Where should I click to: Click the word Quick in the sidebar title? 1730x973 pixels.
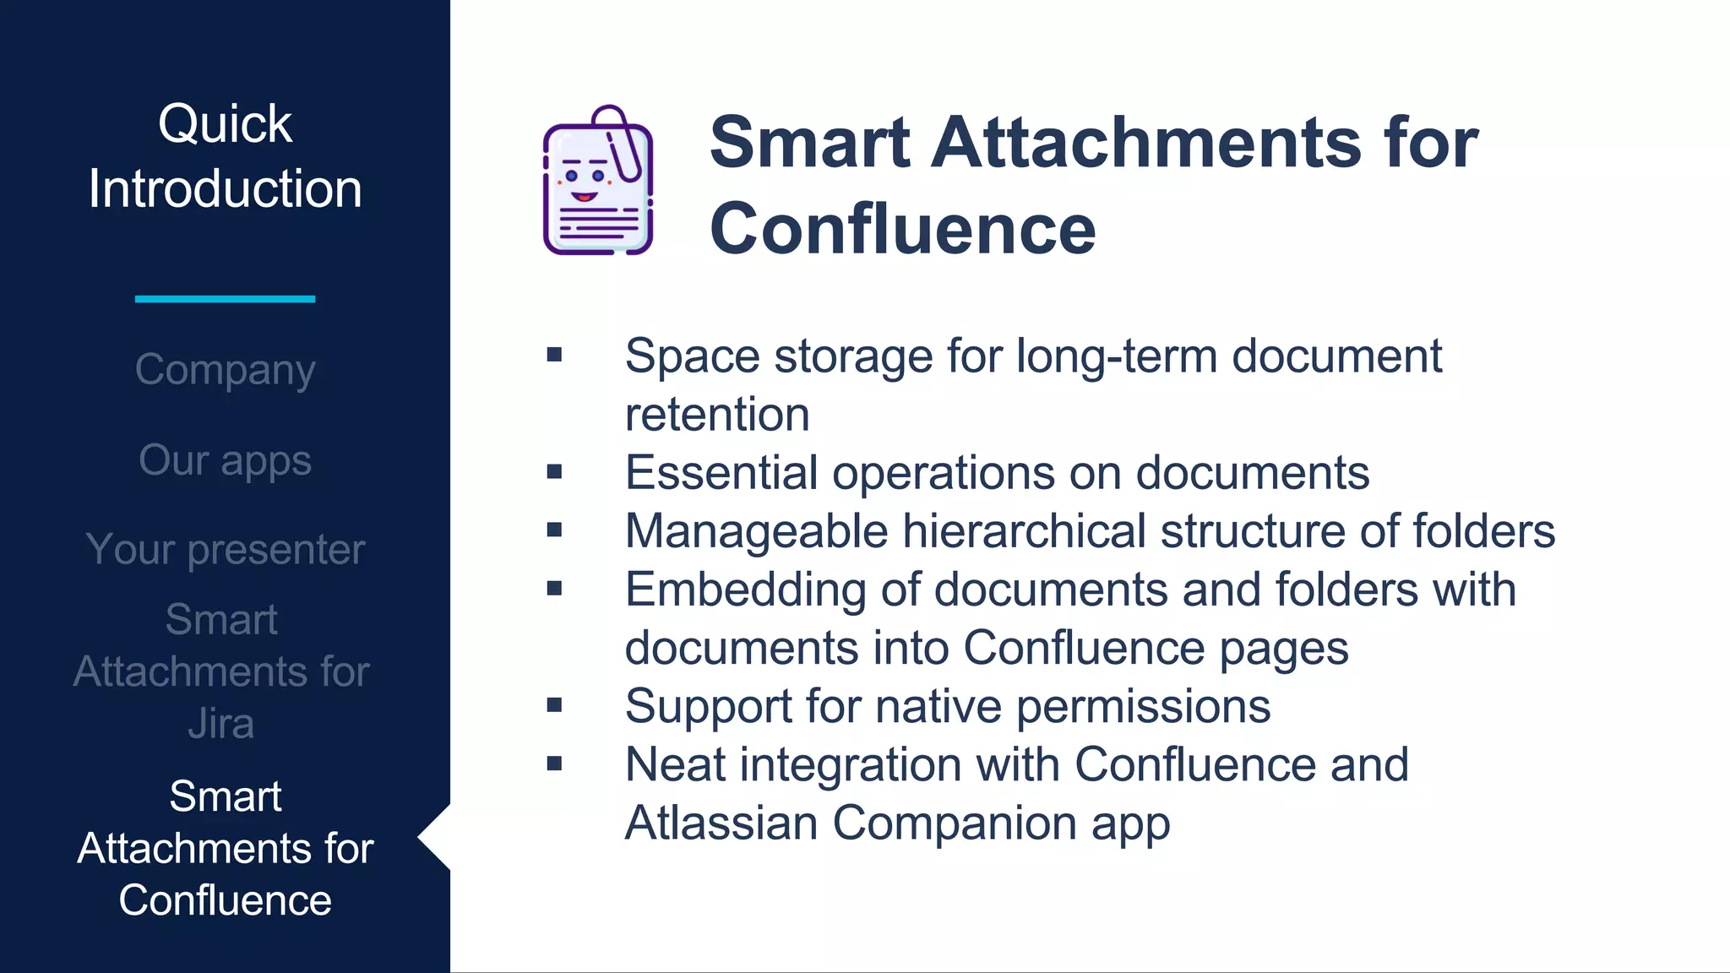click(x=225, y=124)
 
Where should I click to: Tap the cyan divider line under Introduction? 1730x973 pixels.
click(x=225, y=299)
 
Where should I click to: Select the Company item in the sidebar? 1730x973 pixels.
click(x=225, y=370)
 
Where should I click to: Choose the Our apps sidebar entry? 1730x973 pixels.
click(x=225, y=460)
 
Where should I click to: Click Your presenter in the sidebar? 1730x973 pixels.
click(x=225, y=550)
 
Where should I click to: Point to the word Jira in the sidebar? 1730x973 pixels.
click(x=220, y=724)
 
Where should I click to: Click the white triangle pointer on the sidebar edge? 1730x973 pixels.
click(x=435, y=837)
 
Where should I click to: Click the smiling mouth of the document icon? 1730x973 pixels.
click(x=583, y=197)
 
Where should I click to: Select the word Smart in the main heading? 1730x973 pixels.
click(x=809, y=142)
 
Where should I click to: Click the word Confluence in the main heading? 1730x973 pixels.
click(x=902, y=229)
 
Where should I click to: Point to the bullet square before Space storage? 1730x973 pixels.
click(x=554, y=355)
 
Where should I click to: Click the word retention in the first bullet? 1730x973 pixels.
click(x=716, y=415)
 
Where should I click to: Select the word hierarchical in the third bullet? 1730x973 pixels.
click(x=1024, y=531)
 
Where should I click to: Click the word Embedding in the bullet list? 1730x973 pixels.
click(x=745, y=590)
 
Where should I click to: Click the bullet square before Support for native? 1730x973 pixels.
click(x=554, y=705)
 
